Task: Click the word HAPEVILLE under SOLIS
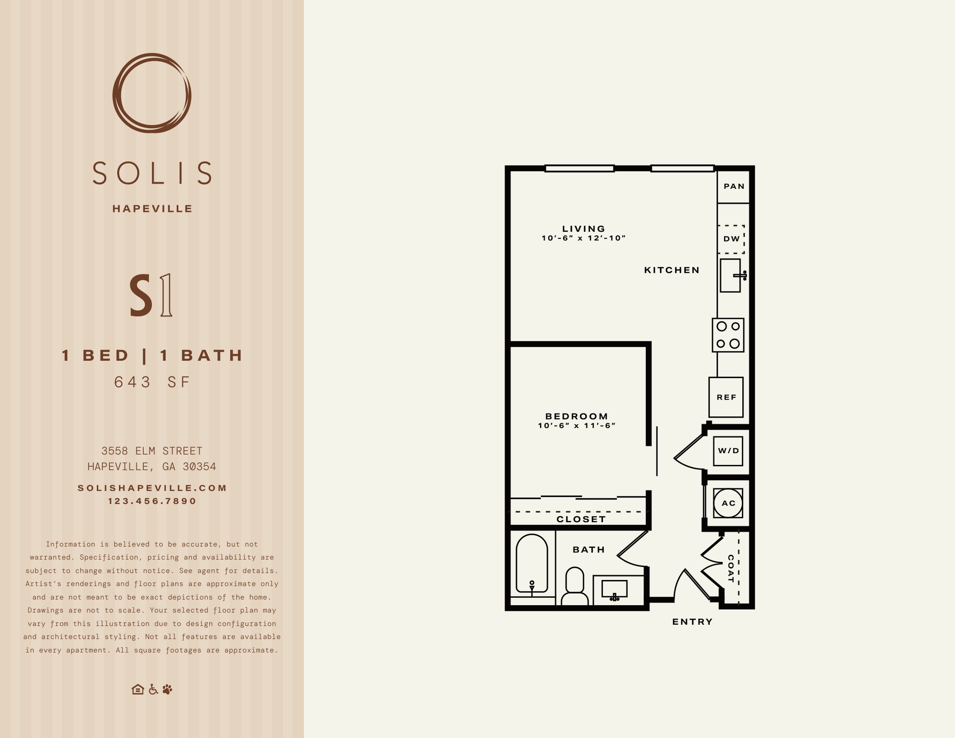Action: pyautogui.click(x=152, y=209)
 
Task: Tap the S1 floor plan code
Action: pyautogui.click(x=151, y=296)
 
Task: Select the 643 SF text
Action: pyautogui.click(x=152, y=382)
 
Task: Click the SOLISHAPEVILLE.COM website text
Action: pyautogui.click(x=152, y=488)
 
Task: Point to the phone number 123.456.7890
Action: pyautogui.click(x=152, y=501)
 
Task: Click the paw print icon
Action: pyautogui.click(x=167, y=689)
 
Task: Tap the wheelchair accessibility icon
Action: pyautogui.click(x=153, y=689)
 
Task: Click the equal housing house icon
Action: pyautogui.click(x=138, y=689)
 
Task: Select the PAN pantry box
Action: pyautogui.click(x=734, y=186)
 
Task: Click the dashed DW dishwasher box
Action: pyautogui.click(x=731, y=239)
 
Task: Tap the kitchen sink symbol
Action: pyautogui.click(x=730, y=276)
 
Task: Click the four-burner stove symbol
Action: pyautogui.click(x=728, y=335)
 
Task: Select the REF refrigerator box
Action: pyautogui.click(x=726, y=397)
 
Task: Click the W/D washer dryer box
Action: pyautogui.click(x=728, y=451)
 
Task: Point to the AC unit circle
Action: pyautogui.click(x=728, y=503)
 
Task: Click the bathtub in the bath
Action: pyautogui.click(x=532, y=564)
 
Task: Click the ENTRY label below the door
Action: pyautogui.click(x=692, y=621)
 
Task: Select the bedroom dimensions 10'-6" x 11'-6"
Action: pyautogui.click(x=577, y=426)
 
